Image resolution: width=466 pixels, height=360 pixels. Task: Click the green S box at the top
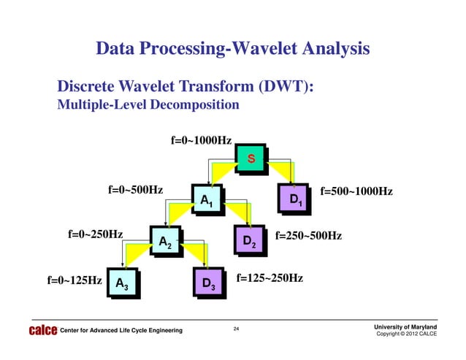pyautogui.click(x=251, y=158)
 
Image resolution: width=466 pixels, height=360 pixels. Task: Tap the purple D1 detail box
pyautogui.click(x=294, y=199)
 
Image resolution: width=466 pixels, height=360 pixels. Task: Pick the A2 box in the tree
pyautogui.click(x=164, y=242)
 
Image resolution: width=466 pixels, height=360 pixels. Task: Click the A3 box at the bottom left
pyautogui.click(x=121, y=284)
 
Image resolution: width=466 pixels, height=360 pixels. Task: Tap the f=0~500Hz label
pyautogui.click(x=135, y=191)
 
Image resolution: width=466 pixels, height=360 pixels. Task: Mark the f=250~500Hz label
pyautogui.click(x=308, y=236)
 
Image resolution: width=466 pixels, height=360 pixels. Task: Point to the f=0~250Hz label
pyautogui.click(x=94, y=234)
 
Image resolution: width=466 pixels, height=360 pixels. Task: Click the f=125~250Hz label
pyautogui.click(x=270, y=278)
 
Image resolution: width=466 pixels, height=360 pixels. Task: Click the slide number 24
pyautogui.click(x=236, y=330)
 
